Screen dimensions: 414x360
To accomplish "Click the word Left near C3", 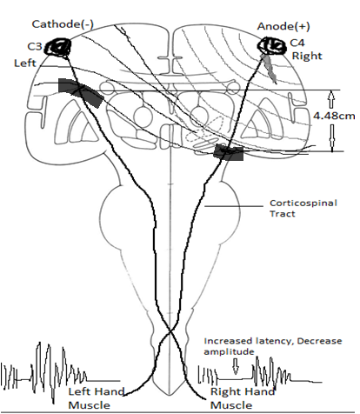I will point(24,63).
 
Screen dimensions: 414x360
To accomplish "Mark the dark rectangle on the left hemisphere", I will point(79,93).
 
